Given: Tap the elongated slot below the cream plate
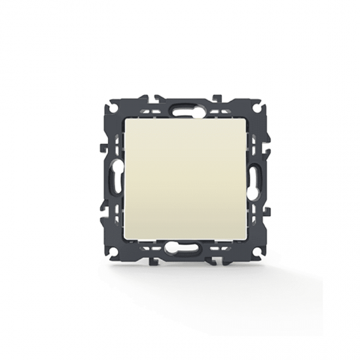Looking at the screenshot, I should [x=181, y=248].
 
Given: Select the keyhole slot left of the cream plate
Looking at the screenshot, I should [x=111, y=177].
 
